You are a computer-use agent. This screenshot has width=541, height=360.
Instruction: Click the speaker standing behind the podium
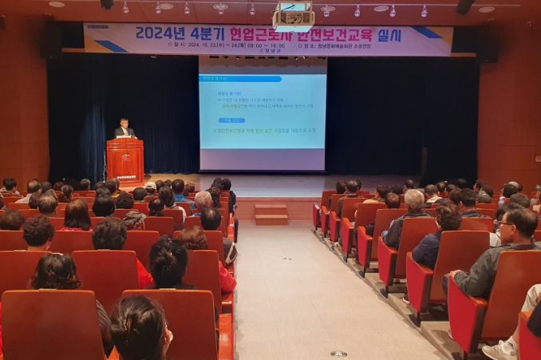click(124, 129)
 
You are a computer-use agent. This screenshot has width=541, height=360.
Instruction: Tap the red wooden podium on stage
click(125, 159)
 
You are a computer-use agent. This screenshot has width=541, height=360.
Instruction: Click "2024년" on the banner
click(159, 33)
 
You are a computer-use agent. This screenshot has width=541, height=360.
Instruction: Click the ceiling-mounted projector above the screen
click(293, 18)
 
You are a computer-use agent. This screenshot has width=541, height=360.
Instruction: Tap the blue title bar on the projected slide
click(240, 78)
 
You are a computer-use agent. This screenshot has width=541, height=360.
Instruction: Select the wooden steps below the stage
click(271, 214)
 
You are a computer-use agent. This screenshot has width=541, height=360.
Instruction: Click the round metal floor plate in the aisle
click(338, 353)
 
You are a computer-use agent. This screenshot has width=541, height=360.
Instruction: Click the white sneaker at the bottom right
click(500, 350)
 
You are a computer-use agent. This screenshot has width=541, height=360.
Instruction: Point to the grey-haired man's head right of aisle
click(414, 199)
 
